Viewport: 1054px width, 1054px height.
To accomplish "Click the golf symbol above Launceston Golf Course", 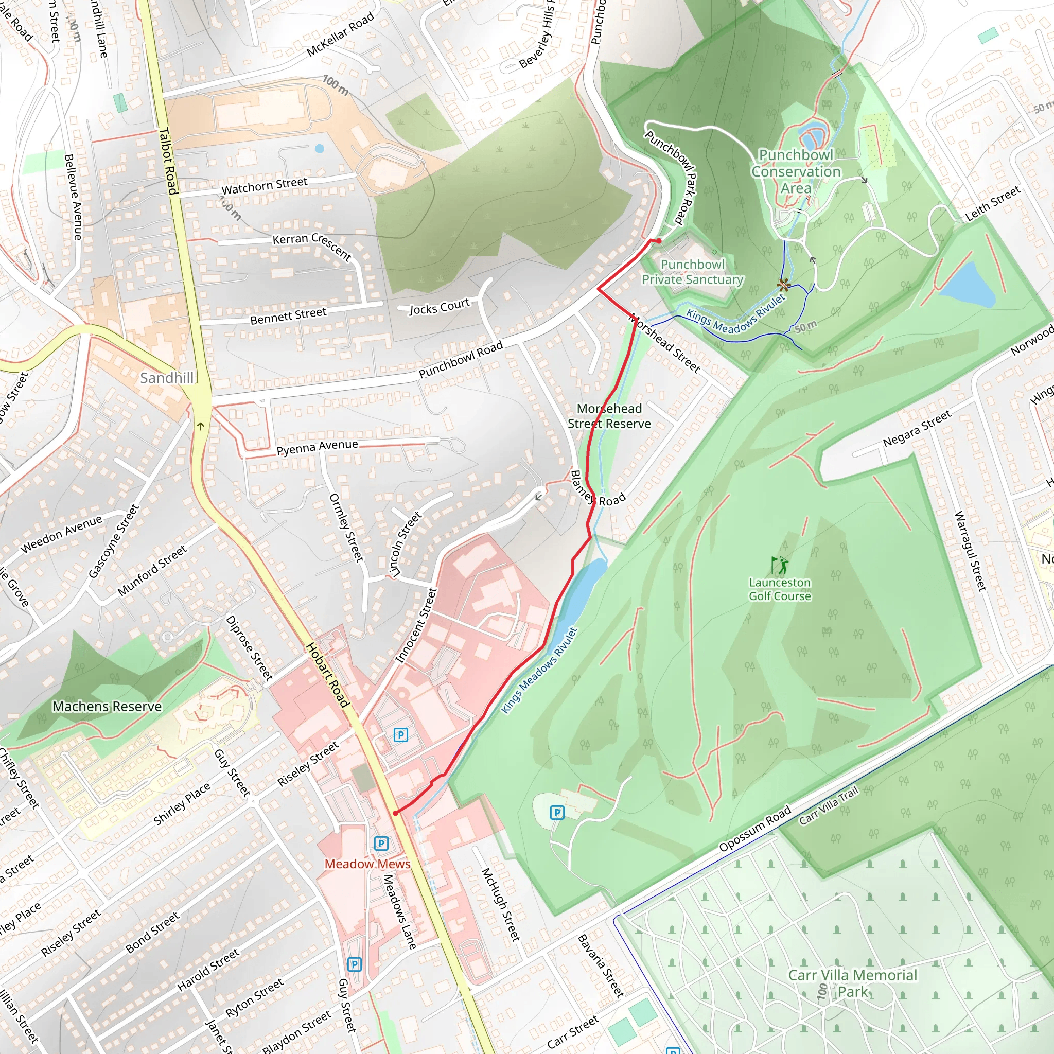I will [780, 565].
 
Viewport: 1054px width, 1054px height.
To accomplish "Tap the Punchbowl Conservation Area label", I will [796, 171].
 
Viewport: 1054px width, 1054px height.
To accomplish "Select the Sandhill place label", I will [167, 378].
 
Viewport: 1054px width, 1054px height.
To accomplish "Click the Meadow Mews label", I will [367, 864].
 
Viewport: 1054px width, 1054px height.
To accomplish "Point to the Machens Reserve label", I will [107, 707].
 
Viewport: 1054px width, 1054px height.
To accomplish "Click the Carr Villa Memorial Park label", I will [853, 983].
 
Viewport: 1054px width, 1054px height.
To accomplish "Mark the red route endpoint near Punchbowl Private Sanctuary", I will [659, 240].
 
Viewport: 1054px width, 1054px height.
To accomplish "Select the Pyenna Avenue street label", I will [317, 447].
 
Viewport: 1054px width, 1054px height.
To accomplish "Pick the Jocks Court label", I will [439, 307].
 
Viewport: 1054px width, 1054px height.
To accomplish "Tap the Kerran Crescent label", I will [312, 245].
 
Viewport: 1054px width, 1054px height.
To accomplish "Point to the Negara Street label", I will [917, 428].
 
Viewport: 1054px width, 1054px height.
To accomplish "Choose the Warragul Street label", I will [970, 551].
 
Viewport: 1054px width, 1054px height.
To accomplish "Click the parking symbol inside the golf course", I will [557, 813].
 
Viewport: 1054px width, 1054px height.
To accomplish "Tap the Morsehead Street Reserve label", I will [609, 416].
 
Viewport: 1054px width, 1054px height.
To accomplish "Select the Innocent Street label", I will [416, 625].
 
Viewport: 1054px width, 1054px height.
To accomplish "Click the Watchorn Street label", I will [264, 185].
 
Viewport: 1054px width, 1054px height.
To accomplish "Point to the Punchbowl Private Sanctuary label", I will [692, 272].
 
